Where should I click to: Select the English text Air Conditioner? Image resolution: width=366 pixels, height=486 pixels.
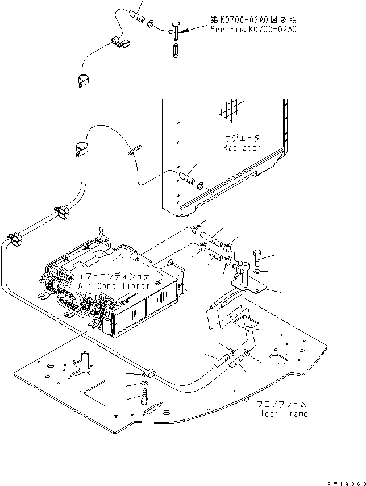[114, 286]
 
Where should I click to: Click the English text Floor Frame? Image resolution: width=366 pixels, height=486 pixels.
[281, 414]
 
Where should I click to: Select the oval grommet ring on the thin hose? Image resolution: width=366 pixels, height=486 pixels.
[134, 151]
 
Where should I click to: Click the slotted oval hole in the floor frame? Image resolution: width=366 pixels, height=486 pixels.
[279, 358]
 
